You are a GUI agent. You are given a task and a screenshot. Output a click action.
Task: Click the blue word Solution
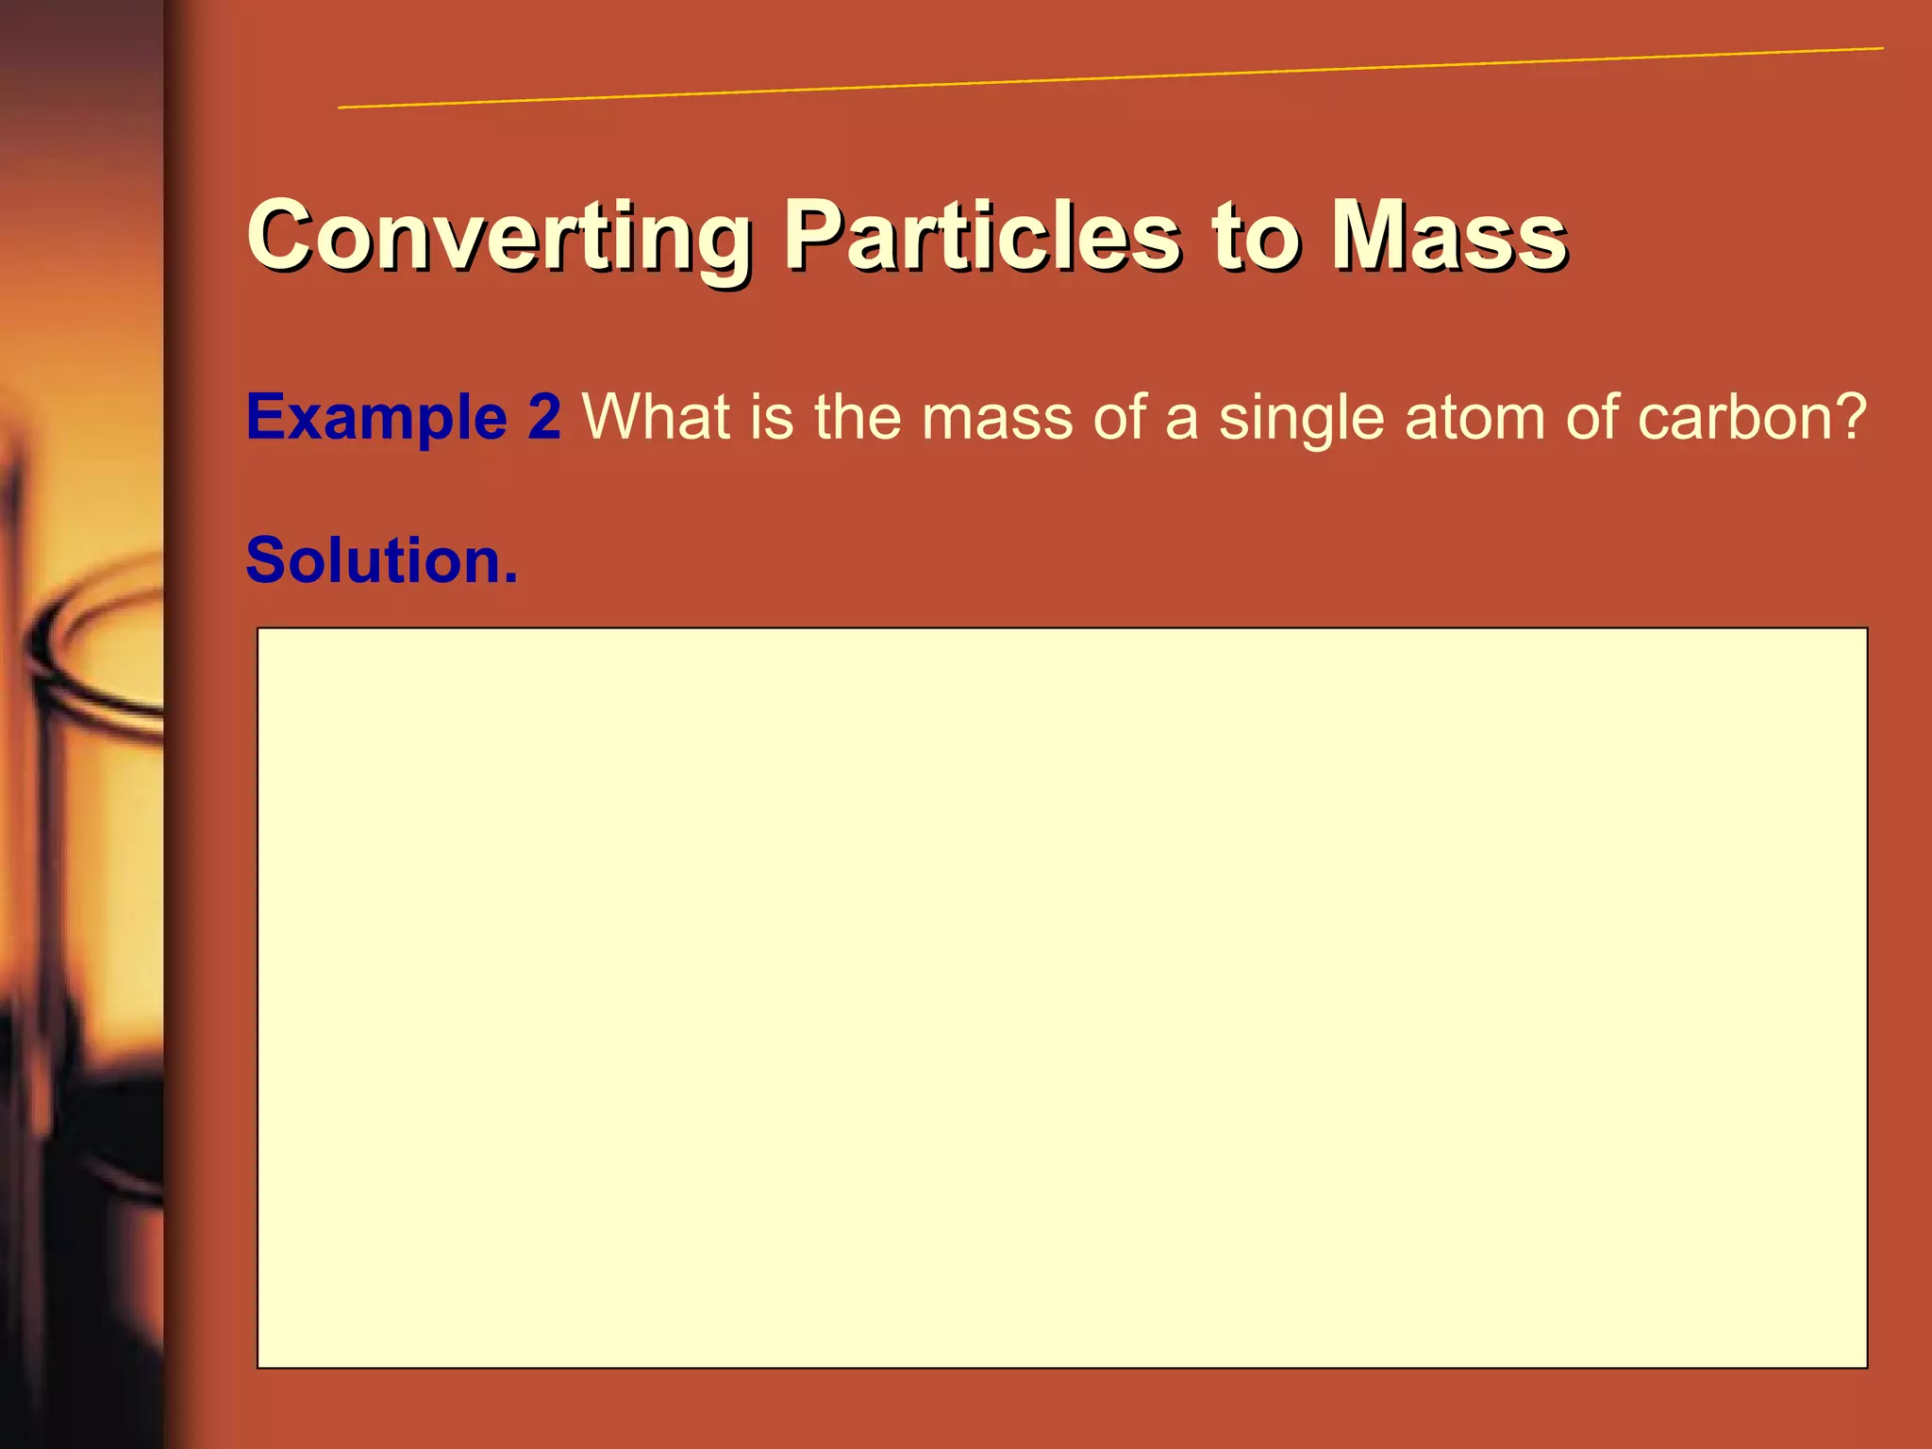coord(372,560)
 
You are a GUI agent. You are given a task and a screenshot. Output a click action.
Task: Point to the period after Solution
coord(510,577)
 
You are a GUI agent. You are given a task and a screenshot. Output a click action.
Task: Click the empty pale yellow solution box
coord(1061,997)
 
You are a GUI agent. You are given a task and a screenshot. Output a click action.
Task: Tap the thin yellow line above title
coord(1110,76)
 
